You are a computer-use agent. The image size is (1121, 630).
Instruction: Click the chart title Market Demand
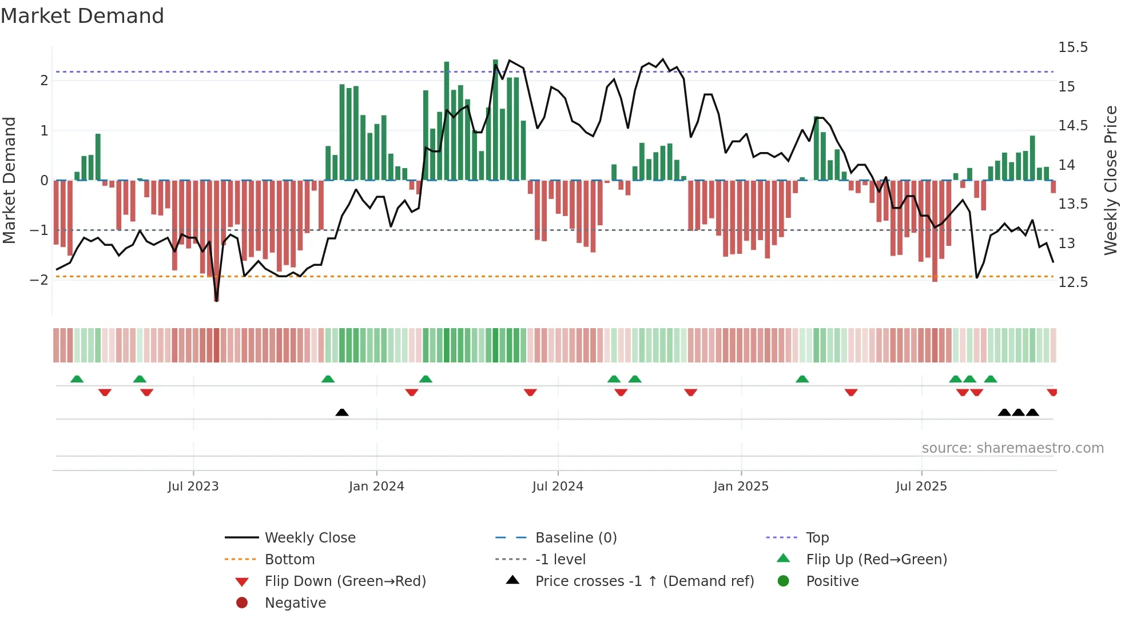tap(82, 16)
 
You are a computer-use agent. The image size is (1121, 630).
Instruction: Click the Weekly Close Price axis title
tap(1110, 180)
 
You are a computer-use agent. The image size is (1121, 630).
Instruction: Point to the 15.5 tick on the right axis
tap(1073, 47)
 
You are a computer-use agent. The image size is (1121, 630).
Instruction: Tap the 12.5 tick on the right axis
tap(1073, 282)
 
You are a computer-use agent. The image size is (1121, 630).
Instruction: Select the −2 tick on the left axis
tap(39, 280)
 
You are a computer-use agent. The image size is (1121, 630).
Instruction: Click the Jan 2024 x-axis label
tap(376, 487)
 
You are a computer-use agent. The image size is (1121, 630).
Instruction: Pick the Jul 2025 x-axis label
tap(921, 487)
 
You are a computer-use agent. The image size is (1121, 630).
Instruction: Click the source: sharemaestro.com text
tap(1012, 448)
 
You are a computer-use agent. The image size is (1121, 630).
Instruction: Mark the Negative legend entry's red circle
tap(242, 603)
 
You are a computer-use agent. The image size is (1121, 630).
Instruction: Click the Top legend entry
tap(817, 538)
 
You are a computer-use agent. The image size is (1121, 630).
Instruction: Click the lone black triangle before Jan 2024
tap(342, 412)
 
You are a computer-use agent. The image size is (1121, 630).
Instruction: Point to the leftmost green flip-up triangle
tap(77, 379)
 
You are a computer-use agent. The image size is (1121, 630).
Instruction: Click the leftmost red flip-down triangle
tap(105, 392)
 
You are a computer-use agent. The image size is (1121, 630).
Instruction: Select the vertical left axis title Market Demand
tap(10, 180)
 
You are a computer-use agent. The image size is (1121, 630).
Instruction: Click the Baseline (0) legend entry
tap(575, 538)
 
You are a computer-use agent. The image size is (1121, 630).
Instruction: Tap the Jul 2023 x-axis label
tap(193, 487)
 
